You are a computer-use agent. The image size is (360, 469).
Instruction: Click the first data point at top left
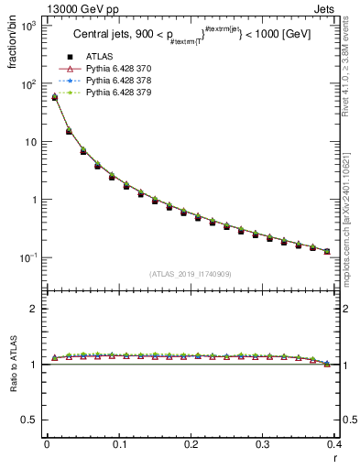(54, 96)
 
